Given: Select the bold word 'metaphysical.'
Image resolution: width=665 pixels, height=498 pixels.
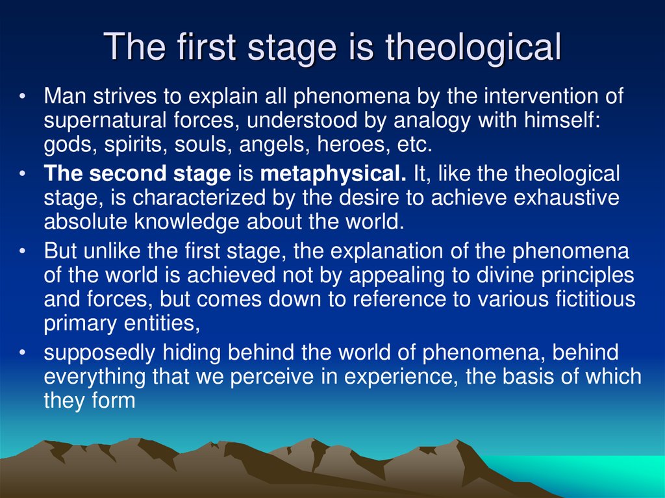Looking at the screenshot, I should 333,174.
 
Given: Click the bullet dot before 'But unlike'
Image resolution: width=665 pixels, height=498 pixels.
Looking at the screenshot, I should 23,251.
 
